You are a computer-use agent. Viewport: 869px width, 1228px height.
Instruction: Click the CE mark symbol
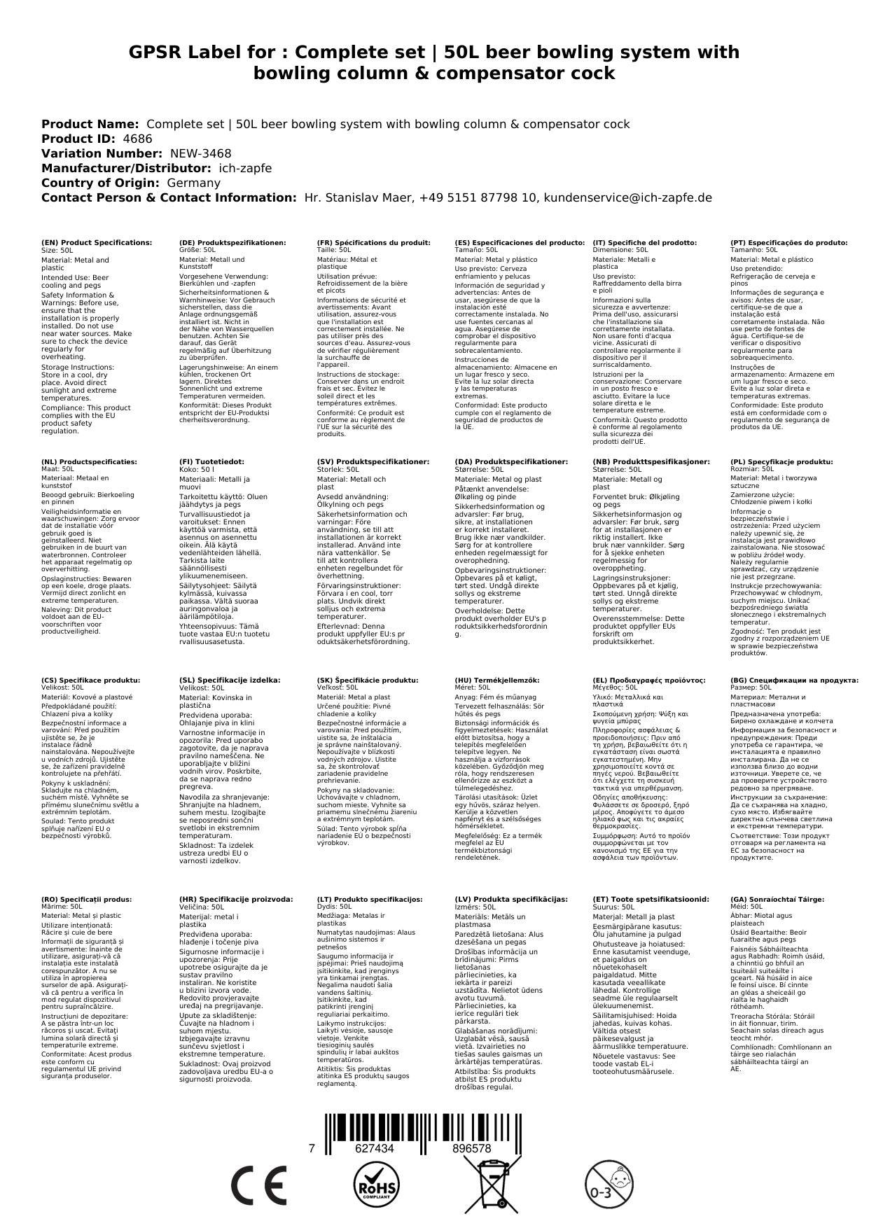click(258, 1185)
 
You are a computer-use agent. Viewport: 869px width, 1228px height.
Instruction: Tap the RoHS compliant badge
click(377, 1185)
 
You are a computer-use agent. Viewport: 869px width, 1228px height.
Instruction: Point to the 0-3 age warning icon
click(609, 1185)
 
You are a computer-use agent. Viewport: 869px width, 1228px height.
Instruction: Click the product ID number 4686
click(137, 139)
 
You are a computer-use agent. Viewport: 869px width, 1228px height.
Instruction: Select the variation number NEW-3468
click(200, 153)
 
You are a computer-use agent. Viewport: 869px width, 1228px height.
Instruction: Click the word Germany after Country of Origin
click(193, 183)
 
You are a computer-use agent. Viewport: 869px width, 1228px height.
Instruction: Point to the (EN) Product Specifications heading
click(97, 242)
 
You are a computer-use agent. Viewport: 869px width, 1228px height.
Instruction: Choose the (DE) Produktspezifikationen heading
click(232, 242)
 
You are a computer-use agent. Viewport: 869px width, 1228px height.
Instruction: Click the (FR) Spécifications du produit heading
click(373, 242)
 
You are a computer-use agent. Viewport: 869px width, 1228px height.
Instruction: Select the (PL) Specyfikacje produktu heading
click(781, 462)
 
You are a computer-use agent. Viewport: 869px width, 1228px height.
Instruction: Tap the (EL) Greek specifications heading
click(649, 680)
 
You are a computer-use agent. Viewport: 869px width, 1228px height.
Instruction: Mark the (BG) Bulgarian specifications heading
click(794, 680)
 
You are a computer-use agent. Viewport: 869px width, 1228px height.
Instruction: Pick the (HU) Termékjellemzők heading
click(497, 680)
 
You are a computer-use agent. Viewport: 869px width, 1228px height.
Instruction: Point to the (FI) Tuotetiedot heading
click(211, 462)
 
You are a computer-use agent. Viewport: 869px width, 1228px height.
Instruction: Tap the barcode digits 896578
click(472, 1148)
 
